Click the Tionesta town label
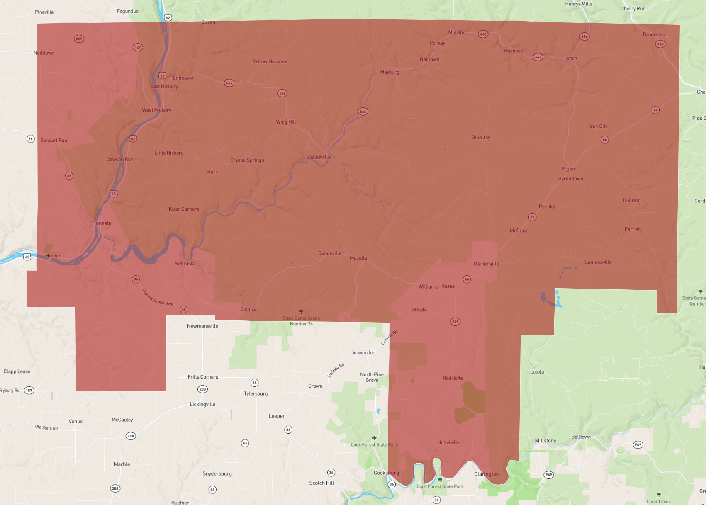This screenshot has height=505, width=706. (101, 223)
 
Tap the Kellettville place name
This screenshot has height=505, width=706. (319, 157)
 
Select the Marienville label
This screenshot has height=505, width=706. (486, 264)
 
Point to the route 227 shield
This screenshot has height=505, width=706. (79, 39)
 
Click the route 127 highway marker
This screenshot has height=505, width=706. (138, 47)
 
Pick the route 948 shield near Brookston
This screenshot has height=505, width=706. (660, 44)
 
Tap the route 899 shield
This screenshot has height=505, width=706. (455, 322)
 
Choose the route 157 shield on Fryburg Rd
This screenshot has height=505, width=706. (29, 390)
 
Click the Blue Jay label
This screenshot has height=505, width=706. (481, 138)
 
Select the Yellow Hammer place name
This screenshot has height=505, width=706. (270, 61)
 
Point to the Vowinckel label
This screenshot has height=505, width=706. (364, 352)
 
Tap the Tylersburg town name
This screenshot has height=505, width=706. (256, 393)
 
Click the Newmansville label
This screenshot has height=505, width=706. (202, 326)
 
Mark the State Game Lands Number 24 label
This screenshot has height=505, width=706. (301, 321)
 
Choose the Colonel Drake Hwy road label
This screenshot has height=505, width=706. (158, 297)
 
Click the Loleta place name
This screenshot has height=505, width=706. (537, 372)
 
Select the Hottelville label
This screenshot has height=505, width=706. (448, 442)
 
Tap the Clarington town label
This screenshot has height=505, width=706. (487, 474)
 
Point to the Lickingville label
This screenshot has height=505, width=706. (202, 404)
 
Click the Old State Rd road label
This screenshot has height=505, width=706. (46, 427)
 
